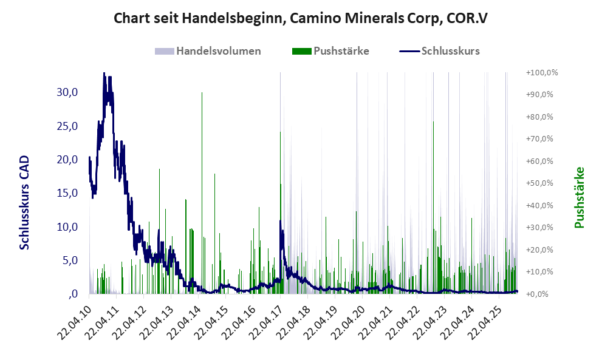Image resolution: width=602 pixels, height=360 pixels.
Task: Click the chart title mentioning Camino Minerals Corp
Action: [301, 19]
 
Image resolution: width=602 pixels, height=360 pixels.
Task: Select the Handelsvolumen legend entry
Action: [208, 51]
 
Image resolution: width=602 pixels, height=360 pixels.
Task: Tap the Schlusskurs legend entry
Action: [440, 51]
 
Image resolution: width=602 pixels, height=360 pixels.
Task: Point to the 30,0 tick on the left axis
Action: [66, 92]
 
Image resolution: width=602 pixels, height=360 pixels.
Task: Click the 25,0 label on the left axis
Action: [66, 126]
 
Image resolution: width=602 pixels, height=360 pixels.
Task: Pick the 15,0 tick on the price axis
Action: [66, 193]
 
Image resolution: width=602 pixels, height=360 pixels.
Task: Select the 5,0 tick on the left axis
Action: [69, 260]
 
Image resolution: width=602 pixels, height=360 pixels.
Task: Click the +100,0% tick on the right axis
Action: [542, 73]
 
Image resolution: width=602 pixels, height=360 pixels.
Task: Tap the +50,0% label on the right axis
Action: [542, 183]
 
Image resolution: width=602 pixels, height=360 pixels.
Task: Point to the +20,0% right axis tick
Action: [542, 250]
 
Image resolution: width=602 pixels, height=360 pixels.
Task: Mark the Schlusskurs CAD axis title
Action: [25, 202]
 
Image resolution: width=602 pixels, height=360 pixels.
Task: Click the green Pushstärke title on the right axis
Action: [579, 198]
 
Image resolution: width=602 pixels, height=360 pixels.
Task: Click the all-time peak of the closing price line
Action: [104, 73]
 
